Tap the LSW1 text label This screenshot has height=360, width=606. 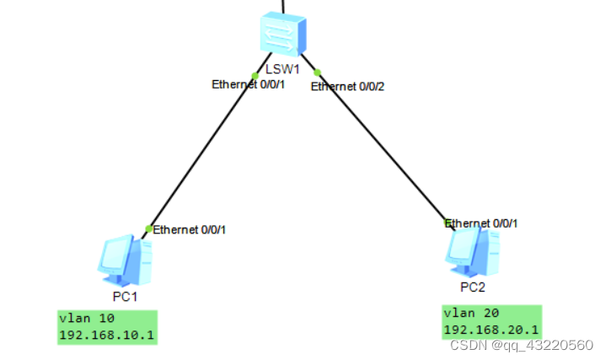tap(282, 68)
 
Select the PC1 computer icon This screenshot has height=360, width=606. tap(125, 261)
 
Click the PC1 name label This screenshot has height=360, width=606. tap(125, 296)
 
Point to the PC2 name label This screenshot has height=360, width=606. tap(473, 287)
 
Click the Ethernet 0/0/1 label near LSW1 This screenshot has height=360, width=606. tap(247, 84)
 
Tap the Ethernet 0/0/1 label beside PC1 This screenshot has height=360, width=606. tap(190, 229)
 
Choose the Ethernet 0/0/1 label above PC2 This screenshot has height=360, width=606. tap(481, 223)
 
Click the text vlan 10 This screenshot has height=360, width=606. tap(87, 319)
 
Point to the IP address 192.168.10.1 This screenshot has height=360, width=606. tap(107, 335)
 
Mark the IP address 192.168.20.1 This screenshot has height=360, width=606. tap(491, 330)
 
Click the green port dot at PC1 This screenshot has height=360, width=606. tap(148, 228)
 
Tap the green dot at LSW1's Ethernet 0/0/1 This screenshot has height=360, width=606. tap(255, 76)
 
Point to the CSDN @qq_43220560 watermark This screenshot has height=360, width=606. tap(522, 346)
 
